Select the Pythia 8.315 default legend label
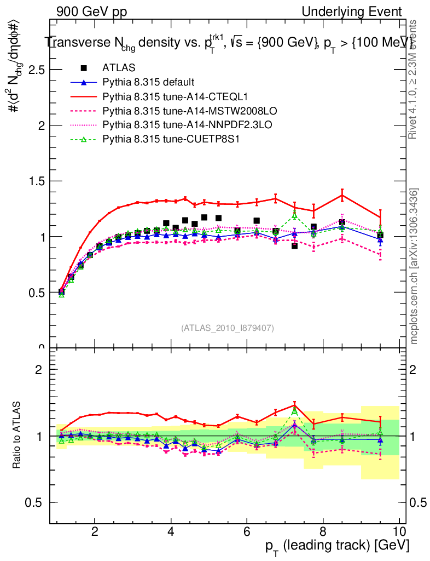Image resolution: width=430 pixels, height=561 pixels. (x=148, y=82)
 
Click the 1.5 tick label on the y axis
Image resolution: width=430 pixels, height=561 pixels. (x=37, y=181)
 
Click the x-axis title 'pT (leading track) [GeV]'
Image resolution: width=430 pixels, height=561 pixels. (x=336, y=546)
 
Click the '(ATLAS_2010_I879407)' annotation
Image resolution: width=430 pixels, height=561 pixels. (x=228, y=328)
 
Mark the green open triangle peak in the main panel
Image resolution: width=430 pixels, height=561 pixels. (x=294, y=215)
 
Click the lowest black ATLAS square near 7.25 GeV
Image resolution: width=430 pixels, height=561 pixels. (x=294, y=246)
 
